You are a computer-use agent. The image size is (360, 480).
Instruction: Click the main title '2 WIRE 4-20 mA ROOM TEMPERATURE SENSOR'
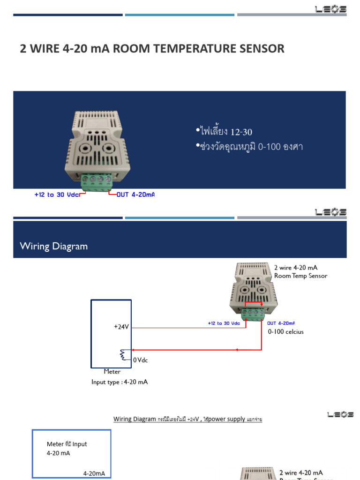tap(152, 48)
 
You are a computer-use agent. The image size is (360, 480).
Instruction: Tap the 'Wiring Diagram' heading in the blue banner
tap(53, 246)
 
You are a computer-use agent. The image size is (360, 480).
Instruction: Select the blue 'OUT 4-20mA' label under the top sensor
tap(135, 195)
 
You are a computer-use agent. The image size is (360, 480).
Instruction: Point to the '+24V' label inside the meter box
tap(121, 327)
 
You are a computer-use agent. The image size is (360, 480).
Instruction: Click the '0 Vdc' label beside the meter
tap(141, 360)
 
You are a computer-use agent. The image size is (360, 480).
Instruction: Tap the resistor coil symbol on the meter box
tap(125, 355)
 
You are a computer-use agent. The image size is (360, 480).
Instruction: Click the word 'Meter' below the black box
tap(112, 372)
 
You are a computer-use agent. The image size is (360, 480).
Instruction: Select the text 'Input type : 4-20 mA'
tap(120, 382)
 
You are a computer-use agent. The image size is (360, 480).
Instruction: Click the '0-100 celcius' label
tap(286, 332)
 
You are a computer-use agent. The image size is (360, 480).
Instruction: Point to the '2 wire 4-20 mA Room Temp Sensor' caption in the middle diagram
tap(300, 272)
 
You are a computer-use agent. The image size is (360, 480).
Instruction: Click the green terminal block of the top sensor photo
tap(97, 182)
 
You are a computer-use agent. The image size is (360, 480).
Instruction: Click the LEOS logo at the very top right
tap(330, 8)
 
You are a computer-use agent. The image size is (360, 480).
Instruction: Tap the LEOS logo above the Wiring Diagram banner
tap(330, 212)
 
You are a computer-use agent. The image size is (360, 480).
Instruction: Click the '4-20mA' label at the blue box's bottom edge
tap(94, 473)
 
